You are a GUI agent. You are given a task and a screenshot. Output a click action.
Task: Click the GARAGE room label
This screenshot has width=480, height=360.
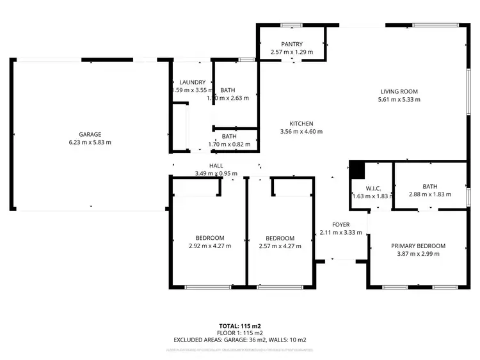pos(90,134)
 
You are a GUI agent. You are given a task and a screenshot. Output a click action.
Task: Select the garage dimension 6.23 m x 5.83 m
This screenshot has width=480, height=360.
pos(90,143)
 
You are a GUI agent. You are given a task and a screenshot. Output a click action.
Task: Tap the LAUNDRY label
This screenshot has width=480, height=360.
pos(192,82)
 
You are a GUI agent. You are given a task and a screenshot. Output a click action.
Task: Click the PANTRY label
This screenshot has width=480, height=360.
pos(291,44)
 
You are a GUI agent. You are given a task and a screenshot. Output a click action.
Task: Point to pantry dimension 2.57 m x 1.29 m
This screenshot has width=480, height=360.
pos(291,52)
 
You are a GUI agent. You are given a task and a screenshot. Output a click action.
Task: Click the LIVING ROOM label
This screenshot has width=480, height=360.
pos(399,91)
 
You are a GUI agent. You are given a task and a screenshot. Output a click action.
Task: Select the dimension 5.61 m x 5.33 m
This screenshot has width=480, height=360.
pos(399,100)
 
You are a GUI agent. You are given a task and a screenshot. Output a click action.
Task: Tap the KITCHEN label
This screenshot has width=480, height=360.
pos(301,123)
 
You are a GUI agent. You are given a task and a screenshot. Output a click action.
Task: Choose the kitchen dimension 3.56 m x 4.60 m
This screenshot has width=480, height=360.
pos(301,132)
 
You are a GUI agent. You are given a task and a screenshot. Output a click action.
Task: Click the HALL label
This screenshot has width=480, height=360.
pos(216,166)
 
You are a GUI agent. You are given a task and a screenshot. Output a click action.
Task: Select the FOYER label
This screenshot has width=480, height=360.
pos(340,224)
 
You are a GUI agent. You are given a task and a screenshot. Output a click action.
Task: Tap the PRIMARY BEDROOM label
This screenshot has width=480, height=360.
pos(418,246)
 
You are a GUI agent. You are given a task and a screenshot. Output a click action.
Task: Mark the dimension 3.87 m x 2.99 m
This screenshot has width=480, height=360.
pos(418,254)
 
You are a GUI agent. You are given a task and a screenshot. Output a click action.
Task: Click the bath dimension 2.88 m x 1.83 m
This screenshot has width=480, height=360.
pos(430,194)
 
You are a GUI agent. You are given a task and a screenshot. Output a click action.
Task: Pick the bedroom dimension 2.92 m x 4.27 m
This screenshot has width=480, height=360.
pos(210,246)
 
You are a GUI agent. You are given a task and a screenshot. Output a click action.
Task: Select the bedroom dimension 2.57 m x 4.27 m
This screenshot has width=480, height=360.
pos(280,246)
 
